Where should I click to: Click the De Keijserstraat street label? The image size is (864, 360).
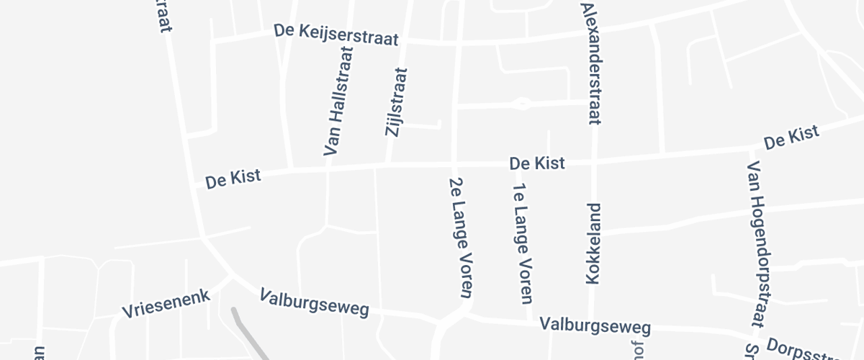[336, 35]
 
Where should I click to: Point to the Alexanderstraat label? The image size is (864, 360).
[590, 63]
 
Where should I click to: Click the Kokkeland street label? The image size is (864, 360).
[594, 245]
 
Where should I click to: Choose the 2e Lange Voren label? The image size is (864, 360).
[460, 238]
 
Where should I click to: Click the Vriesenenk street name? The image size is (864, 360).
[166, 304]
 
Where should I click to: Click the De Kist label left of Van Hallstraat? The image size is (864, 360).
[233, 179]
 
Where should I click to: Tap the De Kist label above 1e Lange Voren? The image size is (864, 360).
[537, 163]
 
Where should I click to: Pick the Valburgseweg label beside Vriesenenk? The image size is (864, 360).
[315, 304]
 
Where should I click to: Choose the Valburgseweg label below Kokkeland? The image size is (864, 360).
[595, 325]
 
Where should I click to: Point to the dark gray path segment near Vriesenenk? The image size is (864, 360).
[245, 331]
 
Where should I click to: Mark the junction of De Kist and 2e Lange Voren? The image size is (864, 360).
[454, 164]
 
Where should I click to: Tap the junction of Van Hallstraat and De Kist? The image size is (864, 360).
[328, 169]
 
